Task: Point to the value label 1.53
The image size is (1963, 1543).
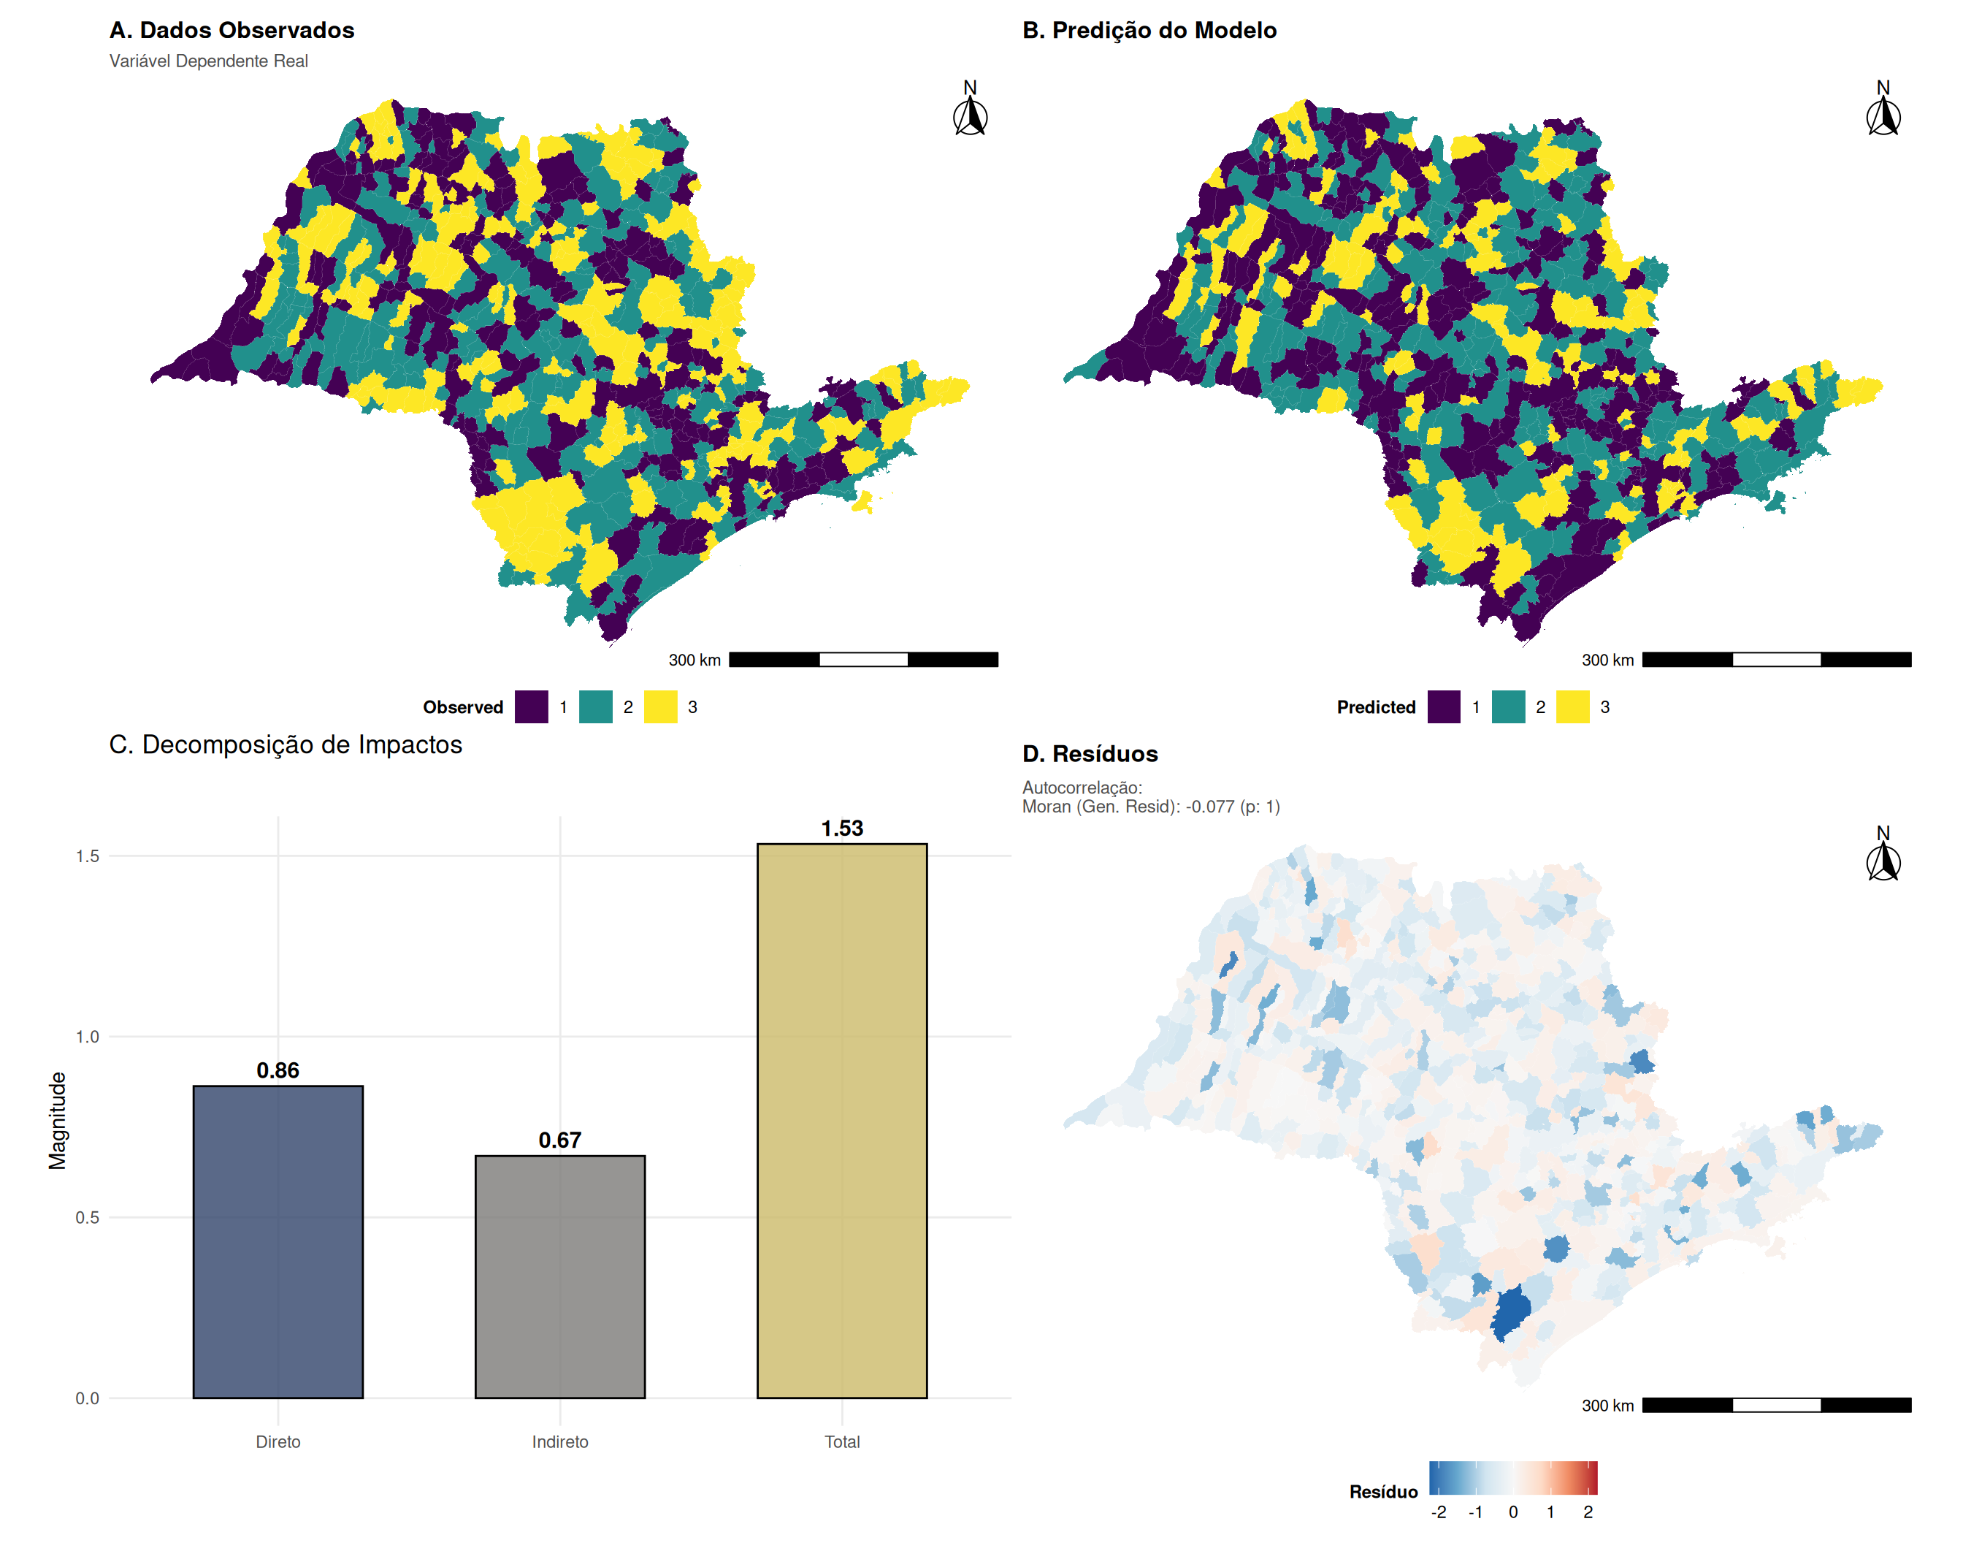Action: click(x=841, y=828)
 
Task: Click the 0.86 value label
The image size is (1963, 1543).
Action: click(x=278, y=1070)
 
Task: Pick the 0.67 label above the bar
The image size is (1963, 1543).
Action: click(x=560, y=1140)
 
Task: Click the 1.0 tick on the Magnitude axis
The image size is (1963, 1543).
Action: click(x=88, y=1036)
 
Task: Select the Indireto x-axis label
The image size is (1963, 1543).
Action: click(x=560, y=1442)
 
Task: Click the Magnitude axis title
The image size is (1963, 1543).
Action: click(x=58, y=1120)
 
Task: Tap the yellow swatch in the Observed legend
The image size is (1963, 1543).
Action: click(x=660, y=706)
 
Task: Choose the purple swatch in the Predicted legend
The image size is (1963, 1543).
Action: click(x=1444, y=706)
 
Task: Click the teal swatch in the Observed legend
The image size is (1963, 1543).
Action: click(x=596, y=706)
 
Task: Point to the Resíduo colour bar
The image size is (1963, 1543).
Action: click(x=1513, y=1478)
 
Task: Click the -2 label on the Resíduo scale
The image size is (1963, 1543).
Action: click(x=1439, y=1512)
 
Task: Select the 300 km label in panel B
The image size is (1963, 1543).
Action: click(x=1607, y=660)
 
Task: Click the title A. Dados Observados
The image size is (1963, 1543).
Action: click(x=232, y=30)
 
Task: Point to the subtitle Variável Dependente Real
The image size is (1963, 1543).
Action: click(x=209, y=61)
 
